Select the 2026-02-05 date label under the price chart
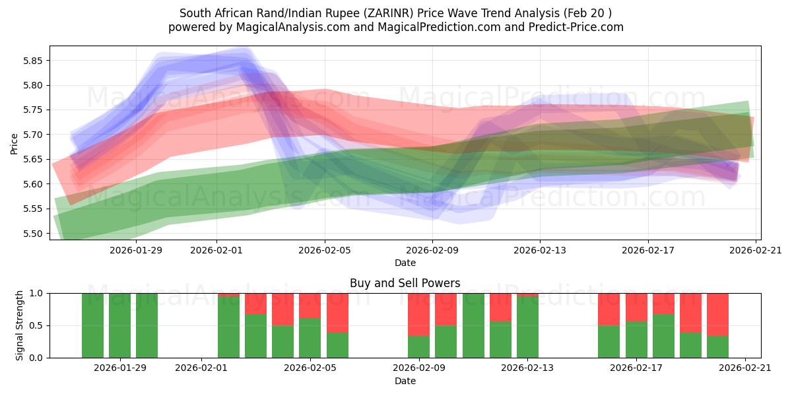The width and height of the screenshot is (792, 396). (x=325, y=250)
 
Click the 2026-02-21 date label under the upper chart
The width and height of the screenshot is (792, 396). (x=755, y=250)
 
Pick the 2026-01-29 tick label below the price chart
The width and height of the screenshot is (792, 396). (x=136, y=250)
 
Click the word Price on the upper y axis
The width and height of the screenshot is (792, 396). (x=15, y=143)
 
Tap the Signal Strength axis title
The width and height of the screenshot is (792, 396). (x=20, y=325)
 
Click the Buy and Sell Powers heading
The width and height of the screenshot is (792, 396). (x=405, y=283)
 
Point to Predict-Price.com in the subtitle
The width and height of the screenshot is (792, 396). (x=574, y=27)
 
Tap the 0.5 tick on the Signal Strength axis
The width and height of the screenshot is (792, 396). (x=37, y=325)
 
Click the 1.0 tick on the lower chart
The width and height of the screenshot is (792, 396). (x=37, y=293)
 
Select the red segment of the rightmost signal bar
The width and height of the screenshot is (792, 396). (x=717, y=314)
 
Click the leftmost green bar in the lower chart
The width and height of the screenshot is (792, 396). (x=93, y=325)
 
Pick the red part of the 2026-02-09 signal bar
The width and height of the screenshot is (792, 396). (x=419, y=314)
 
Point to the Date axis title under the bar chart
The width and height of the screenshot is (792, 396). (x=405, y=381)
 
